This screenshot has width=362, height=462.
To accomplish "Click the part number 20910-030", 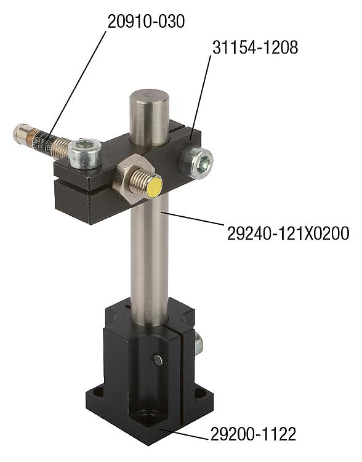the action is (146, 21).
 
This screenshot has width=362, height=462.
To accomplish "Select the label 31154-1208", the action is (255, 47).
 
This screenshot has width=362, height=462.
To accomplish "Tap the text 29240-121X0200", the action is (288, 233).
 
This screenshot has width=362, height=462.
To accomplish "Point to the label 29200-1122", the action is (253, 434).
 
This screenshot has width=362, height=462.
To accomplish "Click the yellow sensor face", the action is (154, 187).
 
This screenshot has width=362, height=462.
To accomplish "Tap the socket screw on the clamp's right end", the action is (196, 163).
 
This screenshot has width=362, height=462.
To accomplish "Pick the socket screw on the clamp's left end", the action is (85, 153).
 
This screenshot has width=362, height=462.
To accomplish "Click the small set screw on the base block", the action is (158, 360).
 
